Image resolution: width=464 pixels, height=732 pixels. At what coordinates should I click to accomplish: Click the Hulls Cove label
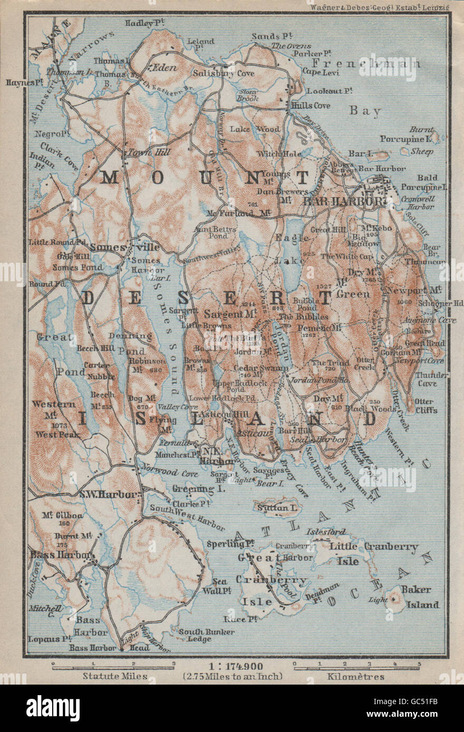[311, 106]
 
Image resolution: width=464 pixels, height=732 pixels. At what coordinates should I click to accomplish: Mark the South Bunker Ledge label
[195, 635]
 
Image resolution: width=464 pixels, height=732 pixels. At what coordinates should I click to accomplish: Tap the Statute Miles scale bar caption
[112, 676]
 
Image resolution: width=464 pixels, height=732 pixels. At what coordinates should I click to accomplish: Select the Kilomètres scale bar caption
[356, 676]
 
